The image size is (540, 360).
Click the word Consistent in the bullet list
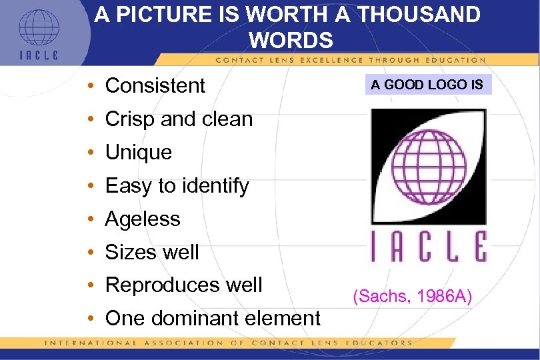[155, 86]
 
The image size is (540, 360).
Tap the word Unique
[139, 153]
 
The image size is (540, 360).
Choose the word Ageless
[143, 219]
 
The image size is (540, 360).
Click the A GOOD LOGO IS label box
[427, 85]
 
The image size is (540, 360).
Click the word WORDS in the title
[291, 40]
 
